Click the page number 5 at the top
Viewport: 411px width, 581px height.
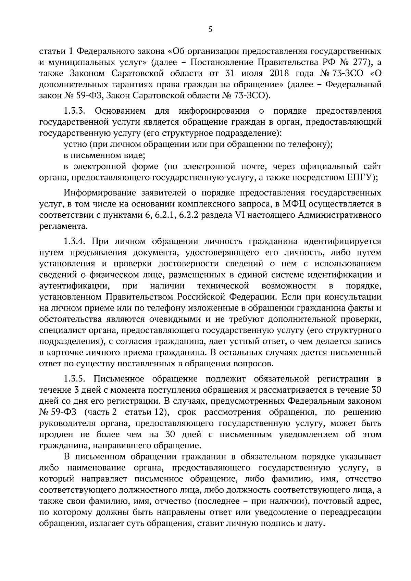click(x=210, y=30)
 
